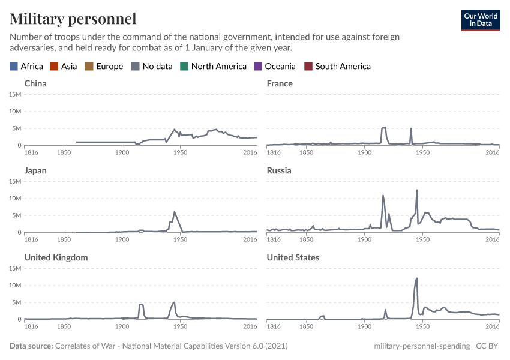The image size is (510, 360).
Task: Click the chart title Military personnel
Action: point(73,19)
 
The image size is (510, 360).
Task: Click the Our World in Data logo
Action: point(480,20)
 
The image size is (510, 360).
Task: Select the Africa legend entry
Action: point(26,67)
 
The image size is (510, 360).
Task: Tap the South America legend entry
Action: point(337,67)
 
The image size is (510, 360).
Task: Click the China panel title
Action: point(35,83)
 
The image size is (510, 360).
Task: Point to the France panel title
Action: point(280,83)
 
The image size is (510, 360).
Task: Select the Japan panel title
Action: point(35,170)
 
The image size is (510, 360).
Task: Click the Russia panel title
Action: point(279,170)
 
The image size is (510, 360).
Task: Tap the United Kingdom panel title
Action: point(56,257)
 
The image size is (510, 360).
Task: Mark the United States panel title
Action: point(293,257)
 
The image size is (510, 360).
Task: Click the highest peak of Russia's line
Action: point(416,190)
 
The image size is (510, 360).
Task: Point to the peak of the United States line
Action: point(416,278)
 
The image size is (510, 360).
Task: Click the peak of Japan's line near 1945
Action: point(174,212)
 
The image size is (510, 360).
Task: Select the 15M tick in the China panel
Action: point(15,94)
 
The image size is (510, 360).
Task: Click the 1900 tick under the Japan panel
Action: point(122,239)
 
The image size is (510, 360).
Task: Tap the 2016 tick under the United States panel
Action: point(492,326)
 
